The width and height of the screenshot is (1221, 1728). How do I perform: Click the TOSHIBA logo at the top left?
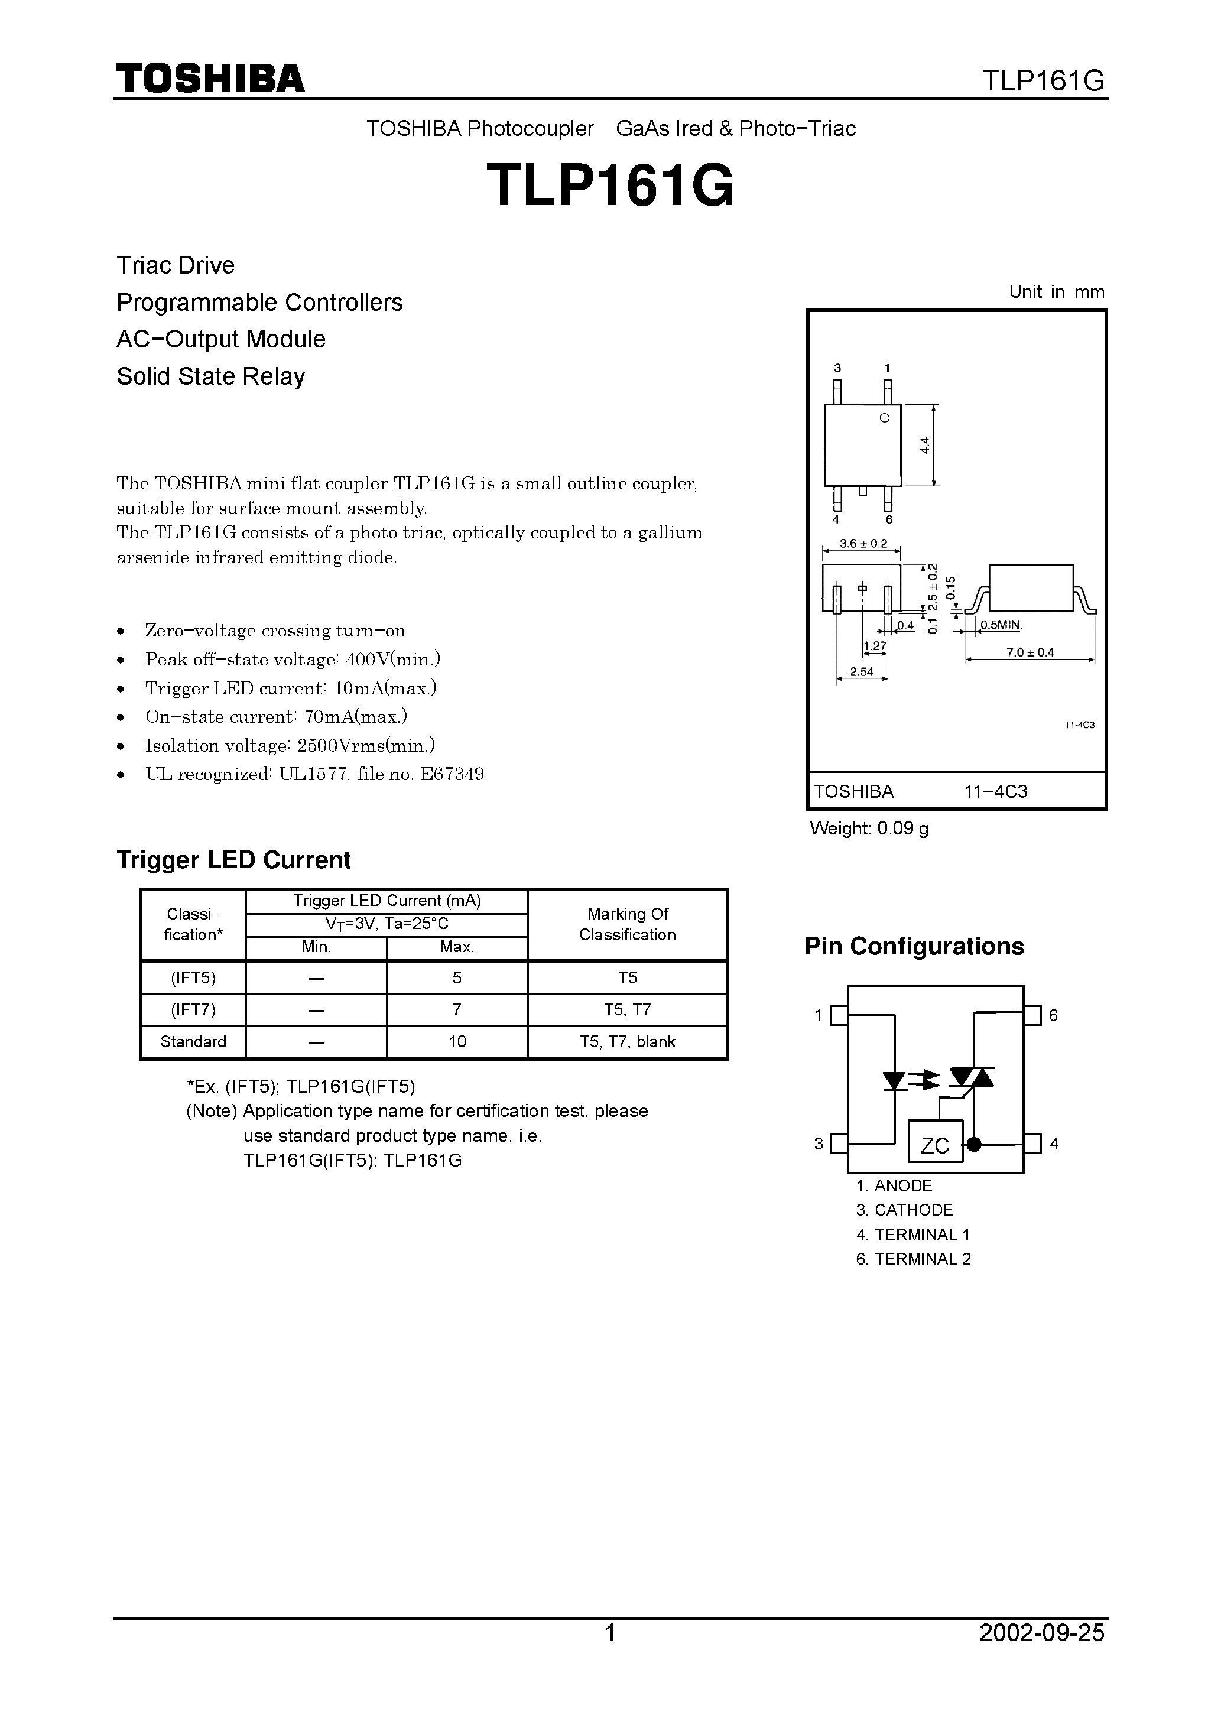coord(210,79)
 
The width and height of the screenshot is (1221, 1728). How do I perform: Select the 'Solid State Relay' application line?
coord(211,376)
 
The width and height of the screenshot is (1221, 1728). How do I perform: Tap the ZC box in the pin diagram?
coord(935,1145)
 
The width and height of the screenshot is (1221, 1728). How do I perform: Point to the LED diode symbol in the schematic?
coord(894,1081)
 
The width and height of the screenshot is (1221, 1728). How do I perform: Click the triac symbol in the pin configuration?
coord(971,1078)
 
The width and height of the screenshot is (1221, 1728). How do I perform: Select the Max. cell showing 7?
coord(457,1009)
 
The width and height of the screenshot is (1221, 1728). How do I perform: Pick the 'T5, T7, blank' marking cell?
coord(627,1042)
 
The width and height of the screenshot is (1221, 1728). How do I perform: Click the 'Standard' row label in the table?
coord(193,1042)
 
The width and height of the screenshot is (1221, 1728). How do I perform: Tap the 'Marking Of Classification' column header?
coord(627,924)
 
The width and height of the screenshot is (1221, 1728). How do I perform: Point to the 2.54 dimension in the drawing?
coord(861,671)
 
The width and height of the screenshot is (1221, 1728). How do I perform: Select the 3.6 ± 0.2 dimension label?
coord(863,543)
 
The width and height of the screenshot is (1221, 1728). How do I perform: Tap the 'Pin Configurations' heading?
coord(914,946)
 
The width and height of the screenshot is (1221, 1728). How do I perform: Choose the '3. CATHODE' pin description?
coord(904,1210)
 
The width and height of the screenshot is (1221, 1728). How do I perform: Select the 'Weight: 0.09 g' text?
coord(869,829)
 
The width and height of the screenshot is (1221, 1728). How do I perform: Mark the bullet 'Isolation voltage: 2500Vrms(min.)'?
coord(290,746)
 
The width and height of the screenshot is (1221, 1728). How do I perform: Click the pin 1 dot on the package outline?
coord(885,418)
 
